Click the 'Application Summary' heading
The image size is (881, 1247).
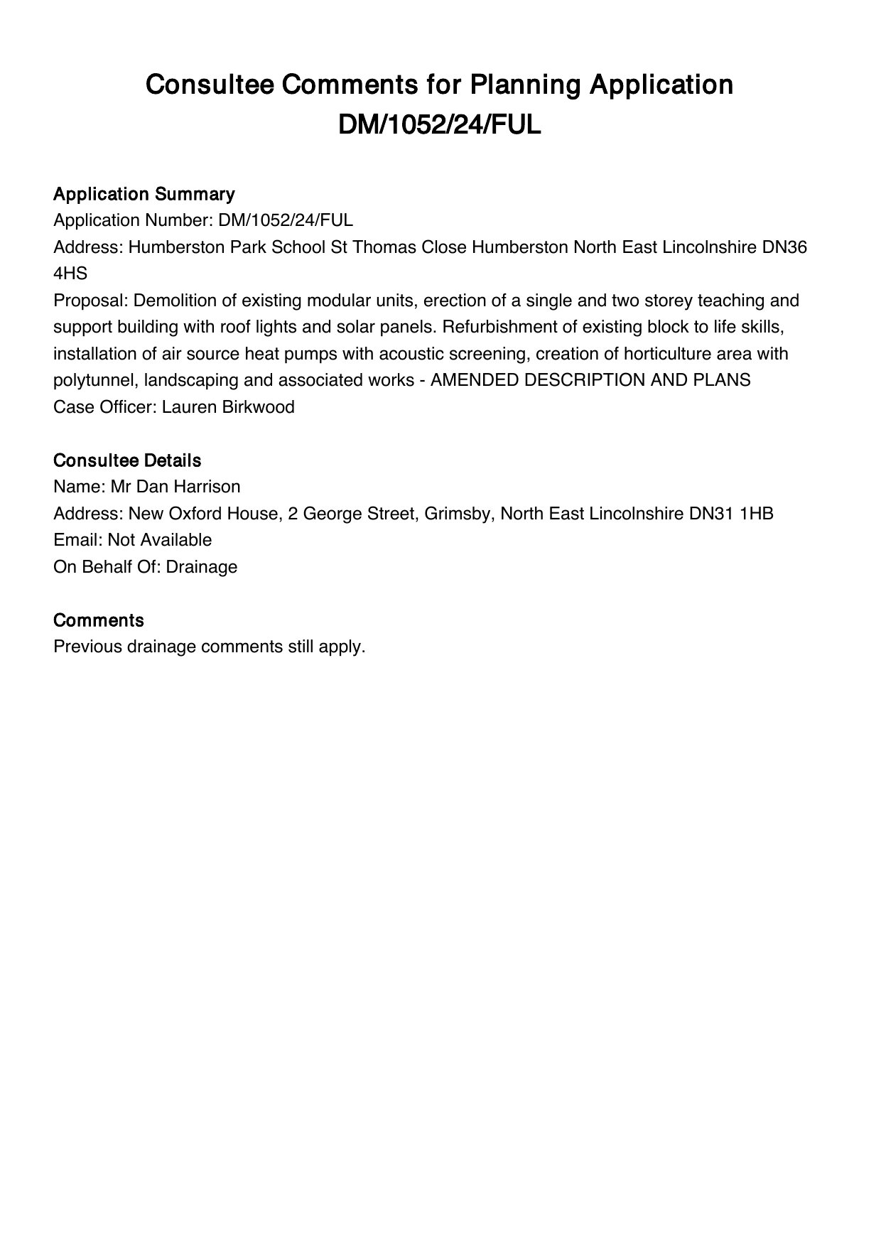(x=144, y=194)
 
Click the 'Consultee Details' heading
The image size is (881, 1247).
(x=127, y=460)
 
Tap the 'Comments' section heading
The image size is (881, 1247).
(x=99, y=620)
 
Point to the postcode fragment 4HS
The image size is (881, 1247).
(x=70, y=274)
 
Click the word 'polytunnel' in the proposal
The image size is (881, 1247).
(x=96, y=380)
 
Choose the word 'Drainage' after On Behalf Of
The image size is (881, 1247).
(x=202, y=567)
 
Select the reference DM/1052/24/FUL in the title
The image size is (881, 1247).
(x=440, y=125)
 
